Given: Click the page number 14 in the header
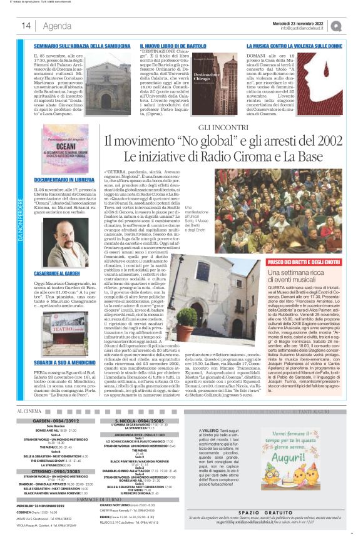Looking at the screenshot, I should point(26,26).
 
